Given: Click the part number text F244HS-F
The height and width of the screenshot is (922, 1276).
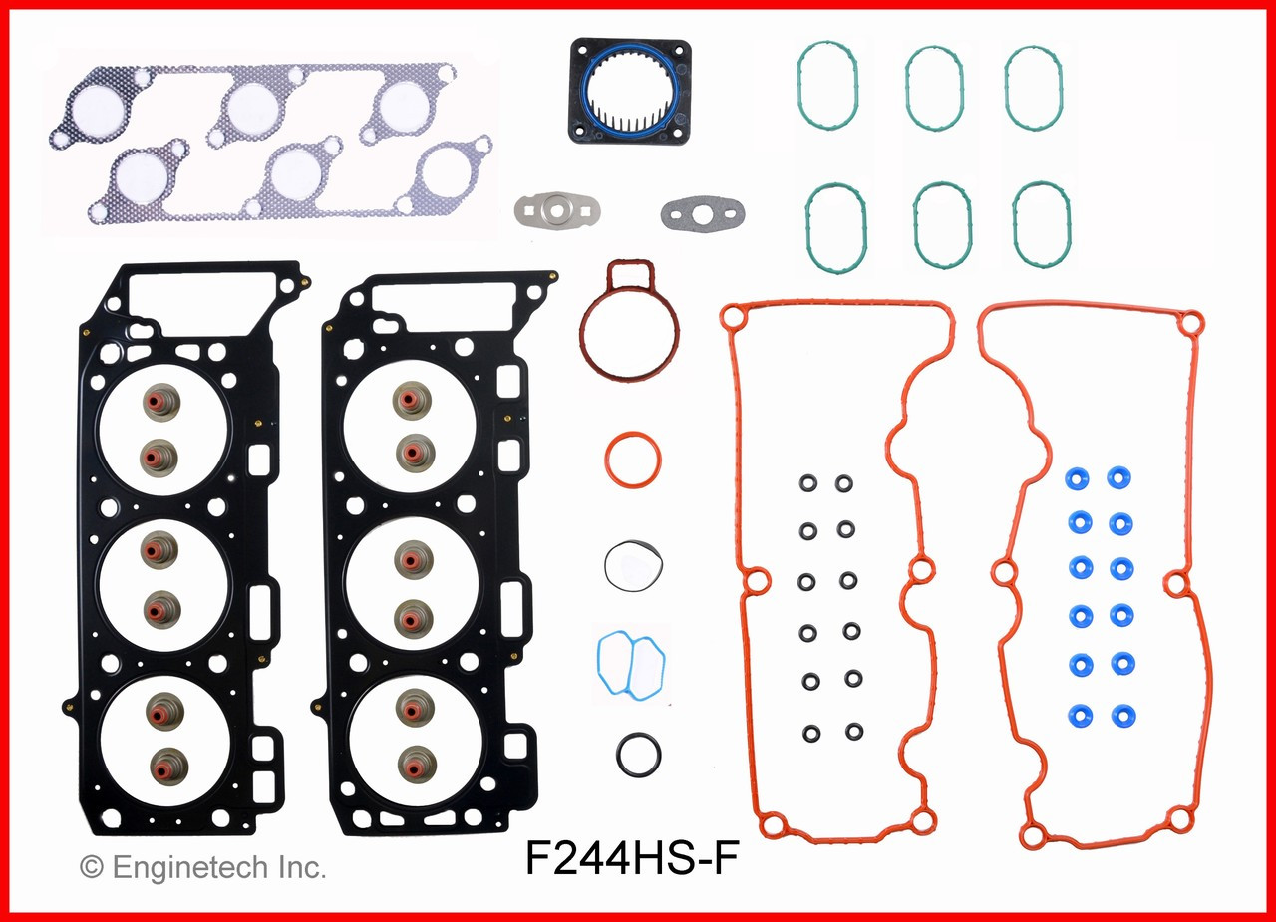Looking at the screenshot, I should (x=632, y=860).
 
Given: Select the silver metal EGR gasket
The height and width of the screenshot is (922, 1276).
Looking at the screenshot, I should (x=549, y=209).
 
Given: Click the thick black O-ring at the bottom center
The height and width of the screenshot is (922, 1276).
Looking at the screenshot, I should (x=638, y=755).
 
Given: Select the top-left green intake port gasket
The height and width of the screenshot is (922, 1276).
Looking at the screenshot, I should (x=827, y=86).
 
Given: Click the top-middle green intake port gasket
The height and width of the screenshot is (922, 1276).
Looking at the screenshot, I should (x=934, y=90).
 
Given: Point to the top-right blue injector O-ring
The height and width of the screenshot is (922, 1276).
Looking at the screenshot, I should (x=1120, y=478).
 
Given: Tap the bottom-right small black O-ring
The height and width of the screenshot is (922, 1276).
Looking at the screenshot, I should (x=854, y=731).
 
